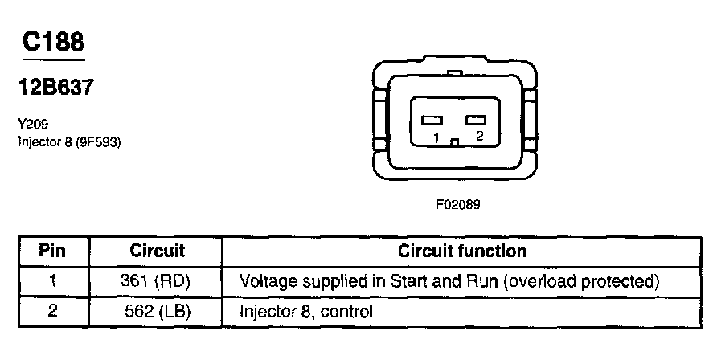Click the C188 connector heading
coord(54,41)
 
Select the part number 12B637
coord(54,86)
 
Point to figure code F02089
coord(457,204)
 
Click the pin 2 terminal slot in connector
coord(477,120)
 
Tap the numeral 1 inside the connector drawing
coord(435,138)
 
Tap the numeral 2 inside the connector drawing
coord(479,137)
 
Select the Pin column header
coord(51,251)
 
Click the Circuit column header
coord(157,251)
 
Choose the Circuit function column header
coord(462,251)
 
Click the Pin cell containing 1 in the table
coord(51,281)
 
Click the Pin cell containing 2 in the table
coord(51,311)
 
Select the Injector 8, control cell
coord(306,311)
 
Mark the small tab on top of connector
coord(455,74)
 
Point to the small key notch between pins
coord(455,143)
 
